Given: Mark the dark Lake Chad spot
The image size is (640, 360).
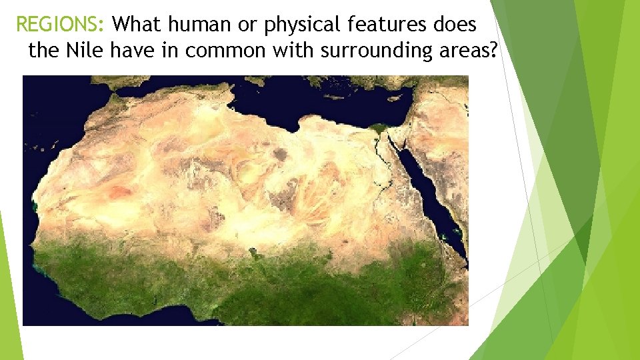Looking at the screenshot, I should [x=253, y=252].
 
